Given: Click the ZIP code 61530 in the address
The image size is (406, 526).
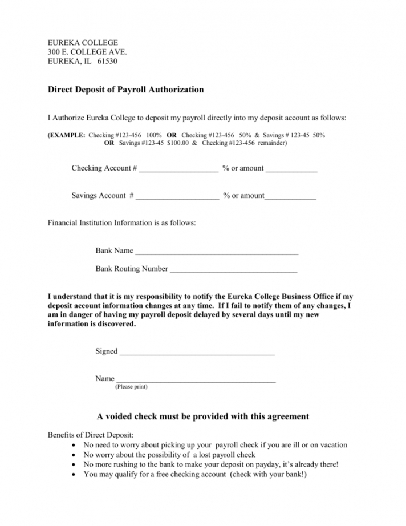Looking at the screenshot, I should (107, 62).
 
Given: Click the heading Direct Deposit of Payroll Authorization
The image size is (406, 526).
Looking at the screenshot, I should (125, 90).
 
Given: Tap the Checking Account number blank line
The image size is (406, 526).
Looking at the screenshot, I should (178, 169).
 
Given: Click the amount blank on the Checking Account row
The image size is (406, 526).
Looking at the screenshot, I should (291, 169).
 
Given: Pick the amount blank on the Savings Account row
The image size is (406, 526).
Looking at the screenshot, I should (290, 197).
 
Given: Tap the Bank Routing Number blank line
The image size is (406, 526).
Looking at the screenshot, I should (233, 270).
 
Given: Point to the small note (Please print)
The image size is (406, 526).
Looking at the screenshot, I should (131, 387).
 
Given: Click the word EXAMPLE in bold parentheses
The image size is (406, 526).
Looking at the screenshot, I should (68, 135).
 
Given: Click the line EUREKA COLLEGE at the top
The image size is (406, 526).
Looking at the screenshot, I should (83, 43).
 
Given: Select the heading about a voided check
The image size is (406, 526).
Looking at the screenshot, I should (203, 416).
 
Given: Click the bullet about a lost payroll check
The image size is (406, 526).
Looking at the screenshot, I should (169, 455).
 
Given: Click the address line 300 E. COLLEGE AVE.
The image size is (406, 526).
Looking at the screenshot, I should (87, 52).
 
